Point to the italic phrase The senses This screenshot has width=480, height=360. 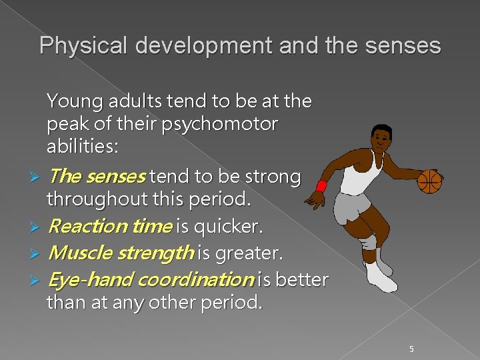(x=97, y=177)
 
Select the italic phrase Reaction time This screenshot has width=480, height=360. (x=110, y=227)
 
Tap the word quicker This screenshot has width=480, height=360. (x=228, y=227)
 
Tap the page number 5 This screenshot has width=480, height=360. (x=412, y=349)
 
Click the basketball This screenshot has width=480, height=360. (x=429, y=181)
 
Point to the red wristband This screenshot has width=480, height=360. (x=322, y=185)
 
